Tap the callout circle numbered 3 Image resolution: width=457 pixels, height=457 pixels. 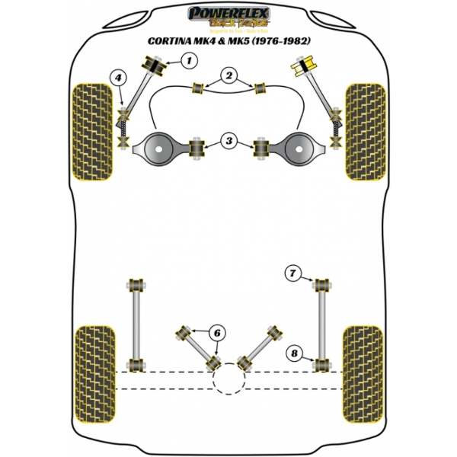tap(228, 139)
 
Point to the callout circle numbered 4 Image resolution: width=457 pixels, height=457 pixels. tap(118, 77)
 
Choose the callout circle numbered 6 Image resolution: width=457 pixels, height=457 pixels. tap(217, 332)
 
